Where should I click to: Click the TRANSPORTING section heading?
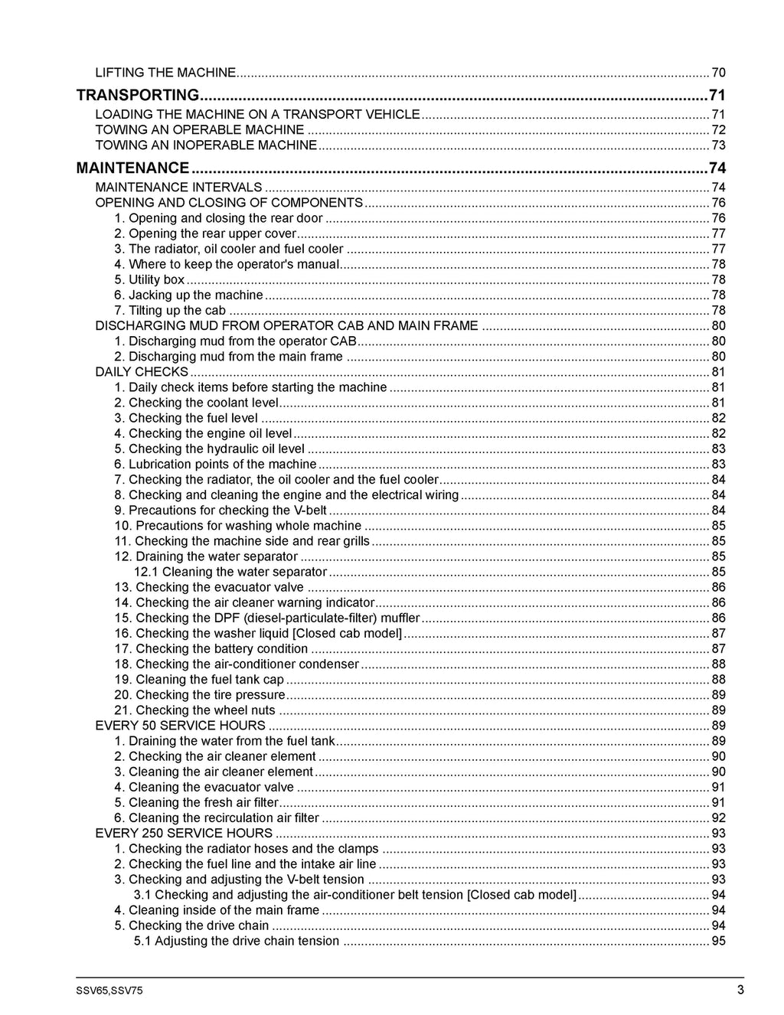138,95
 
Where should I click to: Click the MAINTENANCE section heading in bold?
132,168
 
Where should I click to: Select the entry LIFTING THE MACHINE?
165,73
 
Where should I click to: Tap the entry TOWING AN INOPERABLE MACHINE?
206,145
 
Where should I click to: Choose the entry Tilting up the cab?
170,310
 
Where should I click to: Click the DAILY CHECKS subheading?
142,372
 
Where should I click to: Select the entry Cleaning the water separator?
230,572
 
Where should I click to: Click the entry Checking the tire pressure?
200,695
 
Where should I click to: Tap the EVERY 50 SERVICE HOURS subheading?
180,726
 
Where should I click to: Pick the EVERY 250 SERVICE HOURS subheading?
184,833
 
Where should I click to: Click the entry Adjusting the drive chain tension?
237,941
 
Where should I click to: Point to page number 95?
718,941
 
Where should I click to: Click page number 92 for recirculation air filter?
718,818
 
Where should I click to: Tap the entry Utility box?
149,279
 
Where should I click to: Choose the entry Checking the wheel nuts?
194,710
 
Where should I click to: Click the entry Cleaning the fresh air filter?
196,802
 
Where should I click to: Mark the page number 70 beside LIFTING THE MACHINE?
718,73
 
